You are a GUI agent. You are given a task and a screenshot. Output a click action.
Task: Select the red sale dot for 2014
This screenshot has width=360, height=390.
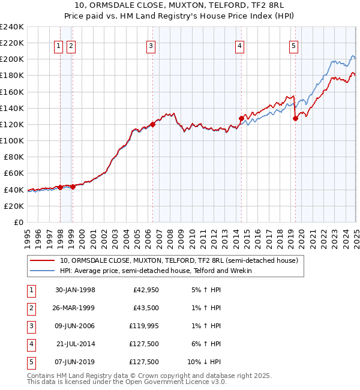(241, 118)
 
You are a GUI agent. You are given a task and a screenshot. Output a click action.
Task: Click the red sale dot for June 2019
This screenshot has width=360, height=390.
(295, 118)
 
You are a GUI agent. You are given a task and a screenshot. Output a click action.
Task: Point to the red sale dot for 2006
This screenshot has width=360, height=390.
(152, 124)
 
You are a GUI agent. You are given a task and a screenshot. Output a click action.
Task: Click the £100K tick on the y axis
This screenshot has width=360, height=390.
(12, 140)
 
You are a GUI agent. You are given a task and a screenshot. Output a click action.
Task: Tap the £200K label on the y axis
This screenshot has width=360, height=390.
(12, 59)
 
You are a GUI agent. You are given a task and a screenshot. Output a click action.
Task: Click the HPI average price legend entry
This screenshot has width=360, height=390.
(155, 271)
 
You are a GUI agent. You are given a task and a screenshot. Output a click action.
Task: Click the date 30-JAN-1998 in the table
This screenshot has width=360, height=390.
(75, 290)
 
